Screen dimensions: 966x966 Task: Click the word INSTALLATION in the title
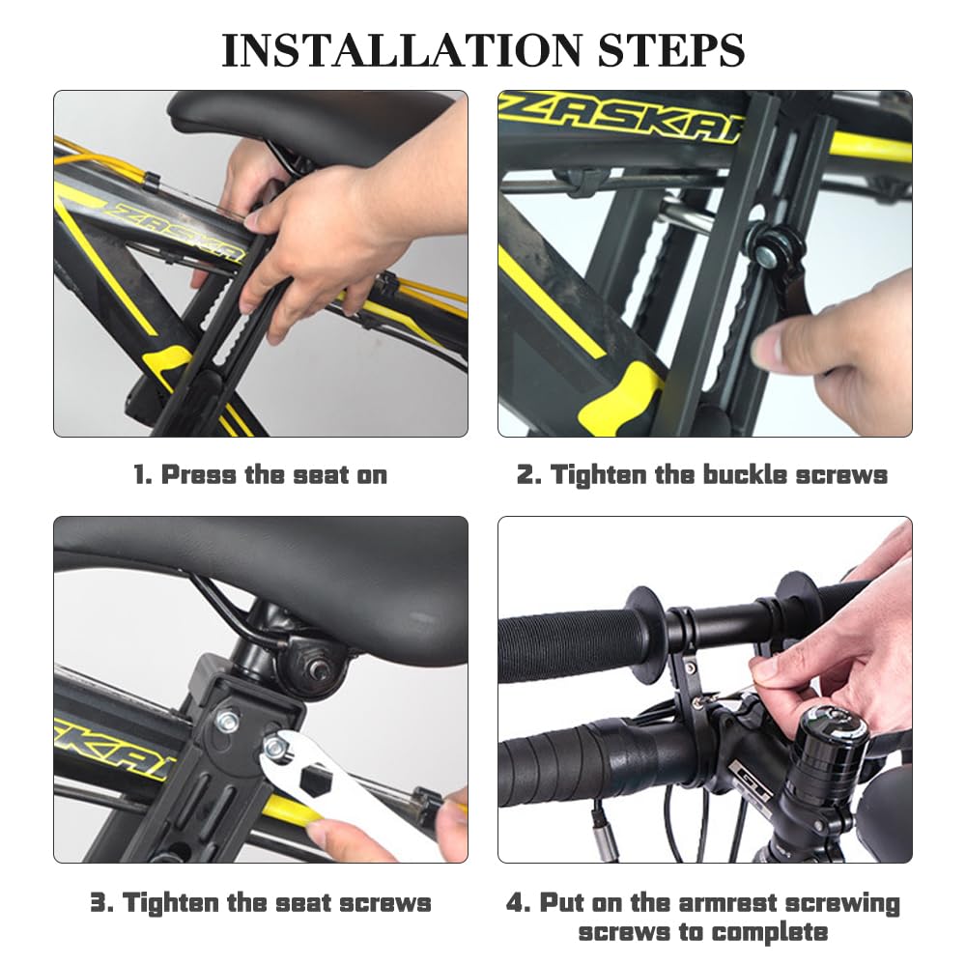[x=402, y=50]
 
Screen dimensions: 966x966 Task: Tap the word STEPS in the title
[x=671, y=50]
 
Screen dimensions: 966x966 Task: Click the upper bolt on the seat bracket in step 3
[x=227, y=721]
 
